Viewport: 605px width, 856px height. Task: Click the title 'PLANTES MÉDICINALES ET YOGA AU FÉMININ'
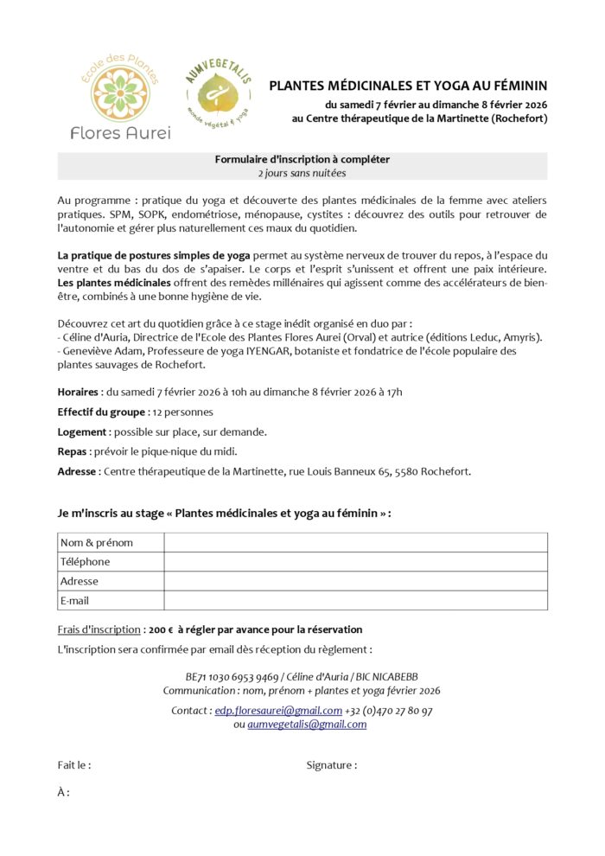pyautogui.click(x=408, y=86)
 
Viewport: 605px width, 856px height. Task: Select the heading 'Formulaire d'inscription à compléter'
pyautogui.click(x=302, y=159)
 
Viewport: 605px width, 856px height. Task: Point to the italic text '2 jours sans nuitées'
pyautogui.click(x=302, y=173)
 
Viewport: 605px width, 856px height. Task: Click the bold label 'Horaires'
pyautogui.click(x=78, y=392)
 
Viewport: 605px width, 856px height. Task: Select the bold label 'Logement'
pyautogui.click(x=83, y=431)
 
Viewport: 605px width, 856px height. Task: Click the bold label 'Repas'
pyautogui.click(x=73, y=451)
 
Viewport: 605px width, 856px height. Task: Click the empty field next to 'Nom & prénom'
pyautogui.click(x=355, y=542)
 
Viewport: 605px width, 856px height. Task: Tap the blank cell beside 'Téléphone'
pyautogui.click(x=355, y=562)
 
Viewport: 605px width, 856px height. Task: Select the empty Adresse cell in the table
pyautogui.click(x=355, y=581)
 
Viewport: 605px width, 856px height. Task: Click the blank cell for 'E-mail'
pyautogui.click(x=355, y=600)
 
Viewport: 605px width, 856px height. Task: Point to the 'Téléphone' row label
pyautogui.click(x=85, y=562)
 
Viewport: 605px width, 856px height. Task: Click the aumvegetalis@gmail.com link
pyautogui.click(x=307, y=725)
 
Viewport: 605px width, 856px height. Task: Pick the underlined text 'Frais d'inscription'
pyautogui.click(x=99, y=629)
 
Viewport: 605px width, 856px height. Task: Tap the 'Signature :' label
pyautogui.click(x=331, y=765)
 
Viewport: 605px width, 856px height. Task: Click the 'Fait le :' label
pyautogui.click(x=74, y=765)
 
